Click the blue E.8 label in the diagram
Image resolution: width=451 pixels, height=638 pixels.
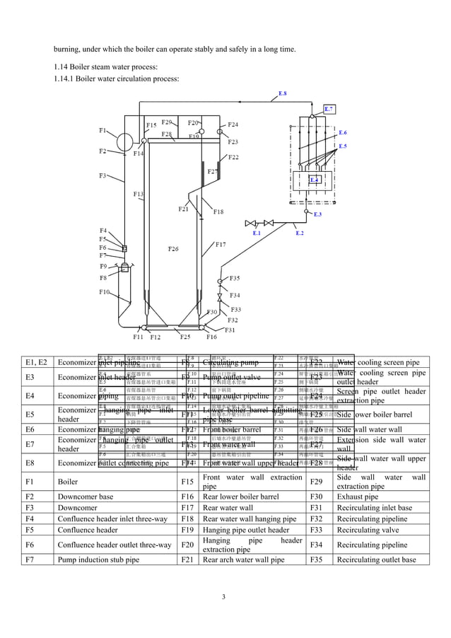point(282,93)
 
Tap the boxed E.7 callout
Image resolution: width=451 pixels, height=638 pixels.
point(329,110)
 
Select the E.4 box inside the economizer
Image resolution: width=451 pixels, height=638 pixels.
point(315,180)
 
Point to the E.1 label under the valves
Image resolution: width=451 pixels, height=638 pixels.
point(257,233)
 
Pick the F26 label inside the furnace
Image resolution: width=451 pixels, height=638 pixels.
point(173,249)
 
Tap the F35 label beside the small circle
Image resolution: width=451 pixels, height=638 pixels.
point(235,278)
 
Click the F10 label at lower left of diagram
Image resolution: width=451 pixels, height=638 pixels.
point(104,291)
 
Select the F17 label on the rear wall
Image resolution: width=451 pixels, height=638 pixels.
point(221,245)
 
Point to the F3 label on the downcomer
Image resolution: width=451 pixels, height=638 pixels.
point(102,175)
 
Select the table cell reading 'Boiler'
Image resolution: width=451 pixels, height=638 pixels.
point(68,482)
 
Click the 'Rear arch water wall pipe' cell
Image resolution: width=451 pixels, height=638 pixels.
point(243,560)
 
